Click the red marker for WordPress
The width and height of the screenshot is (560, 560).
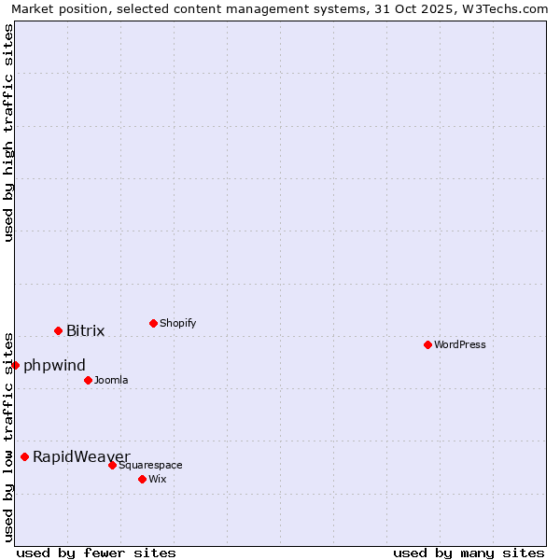point(427,344)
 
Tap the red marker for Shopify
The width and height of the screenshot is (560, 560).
point(153,323)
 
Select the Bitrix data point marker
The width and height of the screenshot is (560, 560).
point(58,330)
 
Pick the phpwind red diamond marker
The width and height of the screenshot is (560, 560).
point(15,365)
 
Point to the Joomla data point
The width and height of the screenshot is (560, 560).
point(88,380)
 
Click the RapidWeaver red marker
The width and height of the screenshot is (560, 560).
point(24,456)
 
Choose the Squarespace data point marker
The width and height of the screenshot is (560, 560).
point(112,465)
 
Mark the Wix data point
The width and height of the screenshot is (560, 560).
point(142,479)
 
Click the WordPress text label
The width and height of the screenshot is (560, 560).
point(460,344)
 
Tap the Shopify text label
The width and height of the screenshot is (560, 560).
point(177,323)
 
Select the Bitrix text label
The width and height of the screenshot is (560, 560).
point(85,330)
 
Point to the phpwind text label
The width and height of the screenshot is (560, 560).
point(54,365)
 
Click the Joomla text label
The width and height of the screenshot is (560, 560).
point(111,380)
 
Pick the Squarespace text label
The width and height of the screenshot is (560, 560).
point(150,465)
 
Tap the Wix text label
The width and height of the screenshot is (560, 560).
point(157,479)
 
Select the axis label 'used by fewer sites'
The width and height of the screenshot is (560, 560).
point(96,553)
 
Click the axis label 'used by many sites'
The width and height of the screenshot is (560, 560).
point(469,553)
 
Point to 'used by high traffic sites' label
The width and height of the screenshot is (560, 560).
point(8,133)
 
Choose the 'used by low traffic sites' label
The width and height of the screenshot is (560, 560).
point(8,436)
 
